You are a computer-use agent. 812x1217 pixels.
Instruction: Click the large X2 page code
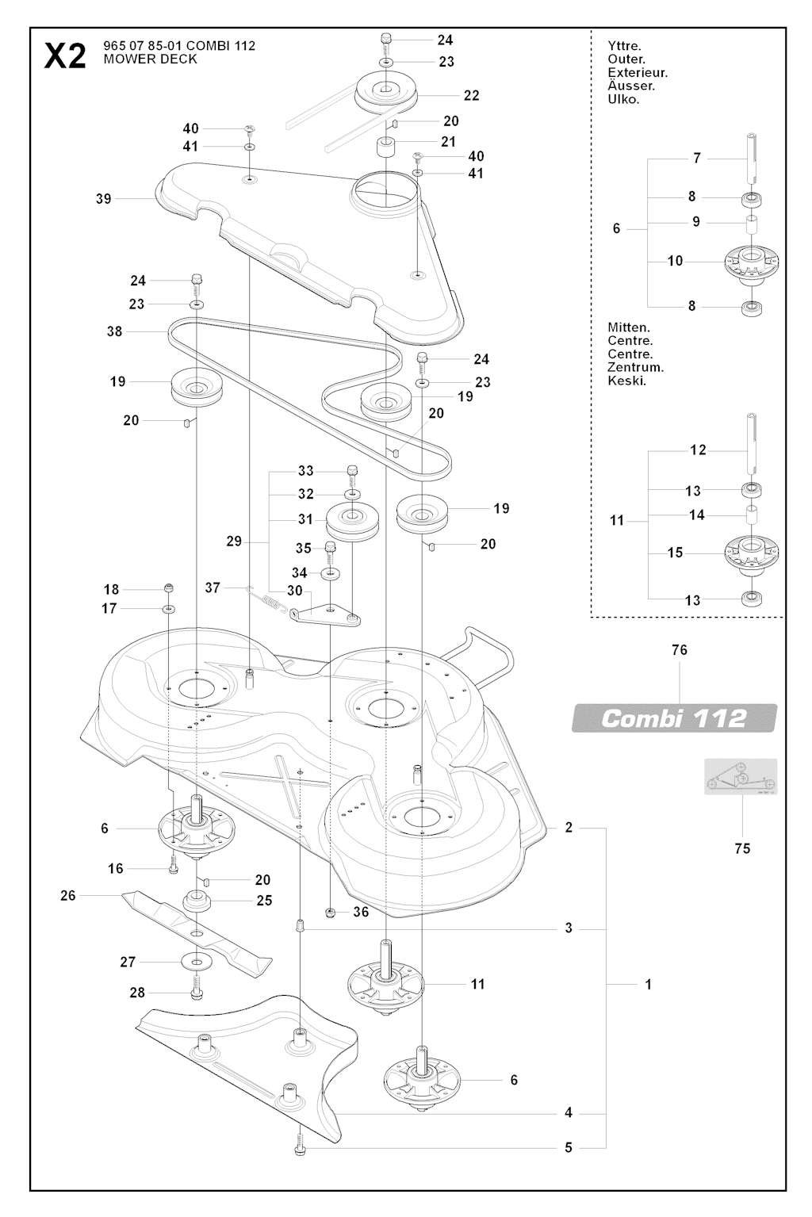click(x=65, y=55)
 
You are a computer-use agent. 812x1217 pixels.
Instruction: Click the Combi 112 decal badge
click(x=674, y=718)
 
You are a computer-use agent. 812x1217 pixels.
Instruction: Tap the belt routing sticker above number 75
click(x=741, y=777)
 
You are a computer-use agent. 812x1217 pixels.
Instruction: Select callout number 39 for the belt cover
click(x=104, y=199)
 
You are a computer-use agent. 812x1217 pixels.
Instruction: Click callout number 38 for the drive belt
click(x=115, y=331)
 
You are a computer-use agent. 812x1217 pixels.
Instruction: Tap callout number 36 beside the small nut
click(x=361, y=912)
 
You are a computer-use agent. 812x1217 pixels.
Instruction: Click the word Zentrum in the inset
click(x=635, y=367)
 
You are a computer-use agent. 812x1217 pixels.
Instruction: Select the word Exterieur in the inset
click(x=638, y=73)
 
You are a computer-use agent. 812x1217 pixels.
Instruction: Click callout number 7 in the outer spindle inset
click(x=697, y=158)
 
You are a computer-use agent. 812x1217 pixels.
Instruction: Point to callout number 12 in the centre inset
click(x=698, y=450)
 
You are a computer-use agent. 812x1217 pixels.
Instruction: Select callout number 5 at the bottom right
click(x=569, y=1147)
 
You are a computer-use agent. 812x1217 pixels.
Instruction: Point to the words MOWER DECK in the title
click(x=150, y=59)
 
